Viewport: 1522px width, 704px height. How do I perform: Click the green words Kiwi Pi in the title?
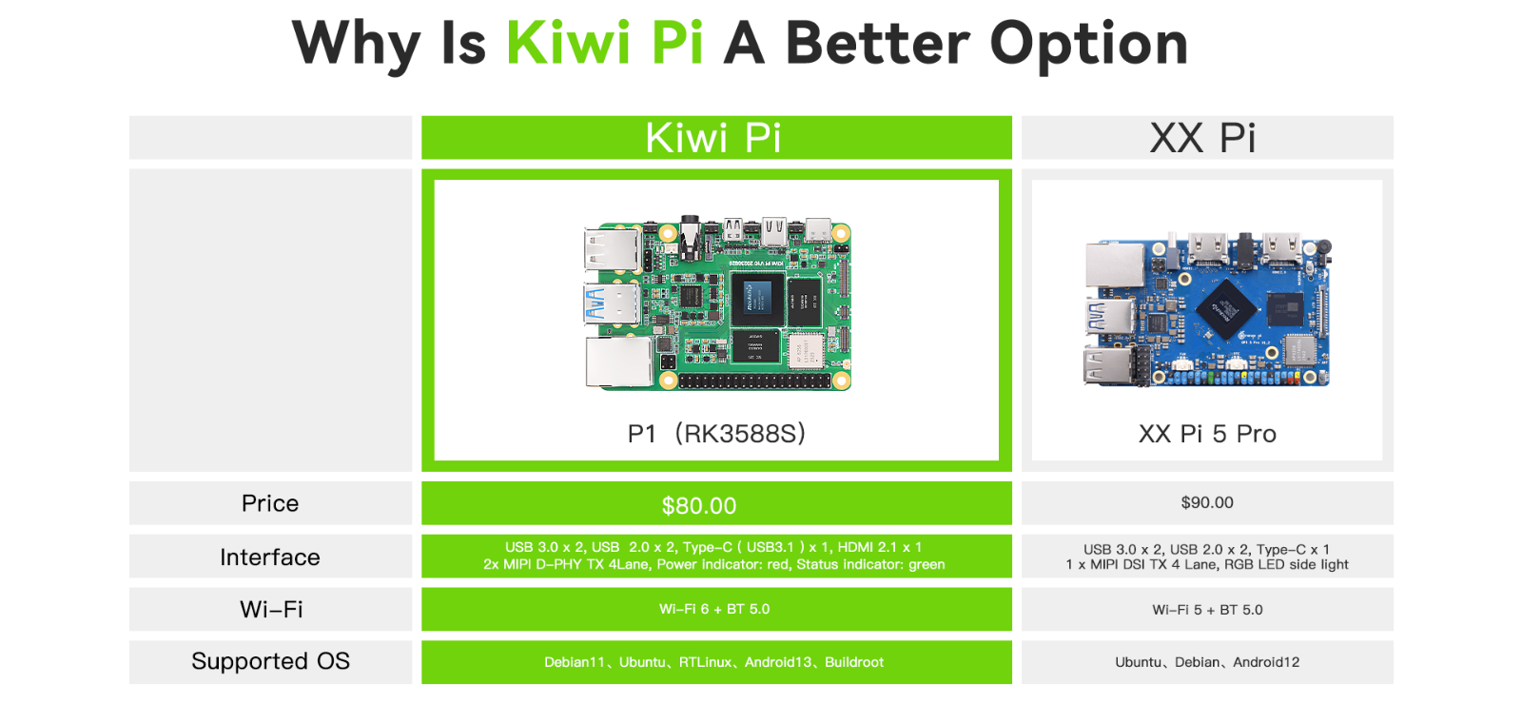[605, 43]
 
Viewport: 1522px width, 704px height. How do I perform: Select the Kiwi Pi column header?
[716, 137]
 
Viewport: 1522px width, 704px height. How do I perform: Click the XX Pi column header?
[1207, 137]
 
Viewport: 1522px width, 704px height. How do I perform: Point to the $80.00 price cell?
[716, 503]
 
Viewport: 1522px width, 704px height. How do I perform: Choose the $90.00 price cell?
[1207, 503]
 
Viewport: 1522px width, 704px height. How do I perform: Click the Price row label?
[270, 503]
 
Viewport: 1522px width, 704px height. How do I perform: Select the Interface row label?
[270, 557]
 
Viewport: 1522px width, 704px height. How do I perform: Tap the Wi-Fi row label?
[270, 610]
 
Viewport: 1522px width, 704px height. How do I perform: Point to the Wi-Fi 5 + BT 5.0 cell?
[1207, 610]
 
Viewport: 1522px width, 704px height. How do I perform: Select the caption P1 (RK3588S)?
[716, 434]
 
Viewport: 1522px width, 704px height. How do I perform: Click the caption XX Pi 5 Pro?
[1207, 434]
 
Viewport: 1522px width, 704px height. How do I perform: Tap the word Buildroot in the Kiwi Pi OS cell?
[854, 662]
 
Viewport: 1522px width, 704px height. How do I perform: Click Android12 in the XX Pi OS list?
[1266, 662]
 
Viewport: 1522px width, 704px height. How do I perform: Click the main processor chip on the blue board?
[1226, 309]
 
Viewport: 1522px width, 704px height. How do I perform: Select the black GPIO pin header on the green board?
[753, 381]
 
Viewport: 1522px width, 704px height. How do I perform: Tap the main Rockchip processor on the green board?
[757, 299]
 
